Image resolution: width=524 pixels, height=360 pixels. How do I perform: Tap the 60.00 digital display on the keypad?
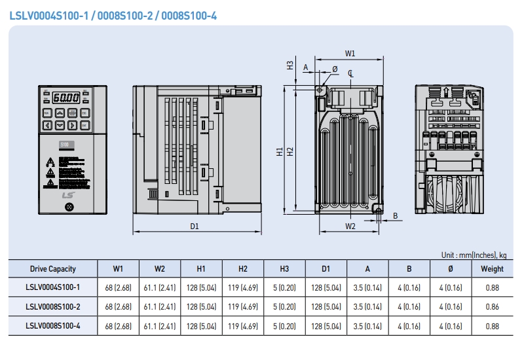(65, 98)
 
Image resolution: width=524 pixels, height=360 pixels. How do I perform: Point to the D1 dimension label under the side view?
(195, 226)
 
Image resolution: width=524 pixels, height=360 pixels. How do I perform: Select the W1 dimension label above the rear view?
(350, 53)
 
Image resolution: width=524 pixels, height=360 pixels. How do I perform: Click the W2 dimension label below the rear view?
(350, 226)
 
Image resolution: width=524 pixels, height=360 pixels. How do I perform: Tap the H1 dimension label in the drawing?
(280, 151)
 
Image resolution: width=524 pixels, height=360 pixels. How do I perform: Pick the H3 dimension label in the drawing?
(290, 65)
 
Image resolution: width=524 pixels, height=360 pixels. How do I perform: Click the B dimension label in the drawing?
(395, 215)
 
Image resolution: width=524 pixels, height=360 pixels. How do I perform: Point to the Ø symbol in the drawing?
(335, 69)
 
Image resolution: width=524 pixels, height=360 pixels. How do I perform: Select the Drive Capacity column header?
(53, 268)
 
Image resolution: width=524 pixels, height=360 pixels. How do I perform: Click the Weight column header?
(492, 268)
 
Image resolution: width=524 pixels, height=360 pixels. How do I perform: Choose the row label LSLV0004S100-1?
(53, 287)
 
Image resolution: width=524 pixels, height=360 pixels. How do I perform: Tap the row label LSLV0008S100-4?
(53, 325)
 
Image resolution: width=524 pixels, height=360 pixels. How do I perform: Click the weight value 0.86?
(492, 306)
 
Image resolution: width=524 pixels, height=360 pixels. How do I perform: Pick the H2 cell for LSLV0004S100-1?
(242, 287)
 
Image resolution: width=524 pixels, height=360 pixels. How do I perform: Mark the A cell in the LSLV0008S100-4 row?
(367, 325)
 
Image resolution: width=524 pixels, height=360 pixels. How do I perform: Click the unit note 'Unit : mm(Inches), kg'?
(473, 255)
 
